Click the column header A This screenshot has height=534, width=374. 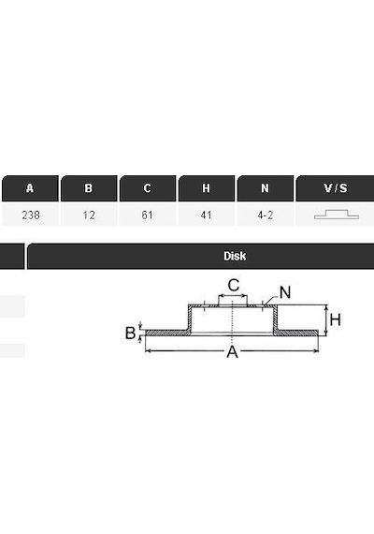pyautogui.click(x=30, y=188)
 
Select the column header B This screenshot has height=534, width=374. pyautogui.click(x=89, y=188)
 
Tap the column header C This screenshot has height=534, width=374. pyautogui.click(x=148, y=188)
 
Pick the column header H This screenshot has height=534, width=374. pyautogui.click(x=207, y=188)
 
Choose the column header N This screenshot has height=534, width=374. pyautogui.click(x=266, y=188)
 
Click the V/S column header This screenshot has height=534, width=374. pyautogui.click(x=336, y=188)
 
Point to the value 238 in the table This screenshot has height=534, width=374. pyautogui.click(x=31, y=215)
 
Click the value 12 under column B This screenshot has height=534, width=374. pyautogui.click(x=89, y=215)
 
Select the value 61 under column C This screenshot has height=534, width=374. pyautogui.click(x=148, y=215)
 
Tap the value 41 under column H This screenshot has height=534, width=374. pyautogui.click(x=206, y=215)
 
